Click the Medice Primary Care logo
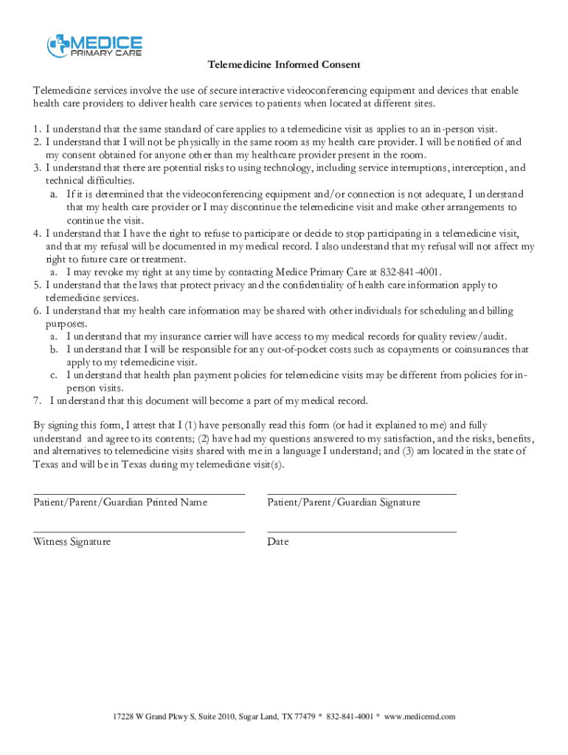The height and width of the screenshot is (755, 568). click(x=94, y=46)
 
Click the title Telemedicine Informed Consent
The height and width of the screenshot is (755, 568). click(x=284, y=65)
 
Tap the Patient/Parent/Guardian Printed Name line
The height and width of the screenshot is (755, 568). click(x=139, y=493)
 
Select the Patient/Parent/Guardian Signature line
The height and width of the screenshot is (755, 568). click(x=361, y=493)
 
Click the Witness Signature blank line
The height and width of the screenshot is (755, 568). click(x=139, y=531)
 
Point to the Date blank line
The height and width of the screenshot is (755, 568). click(x=361, y=531)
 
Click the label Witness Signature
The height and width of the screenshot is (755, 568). click(x=72, y=542)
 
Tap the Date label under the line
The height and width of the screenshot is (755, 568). click(x=278, y=542)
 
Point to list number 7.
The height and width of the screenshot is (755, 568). click(x=37, y=401)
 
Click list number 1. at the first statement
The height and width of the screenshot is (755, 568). click(x=37, y=128)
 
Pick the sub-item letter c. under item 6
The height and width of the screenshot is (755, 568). click(x=54, y=375)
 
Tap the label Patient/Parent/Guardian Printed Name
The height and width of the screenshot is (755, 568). click(x=120, y=503)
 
